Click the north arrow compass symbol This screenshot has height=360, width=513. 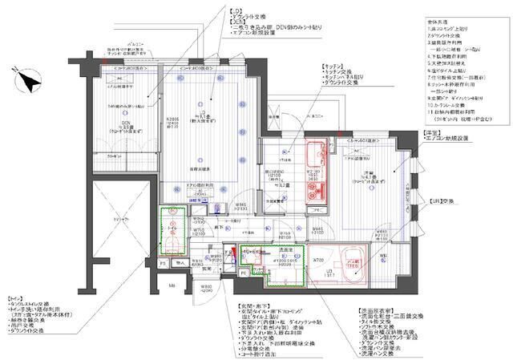(x=30, y=80)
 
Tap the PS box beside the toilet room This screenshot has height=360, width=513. (x=163, y=262)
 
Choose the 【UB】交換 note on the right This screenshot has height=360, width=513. (x=442, y=201)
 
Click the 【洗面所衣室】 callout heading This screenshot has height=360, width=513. (x=375, y=309)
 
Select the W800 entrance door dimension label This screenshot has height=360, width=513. (x=207, y=286)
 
